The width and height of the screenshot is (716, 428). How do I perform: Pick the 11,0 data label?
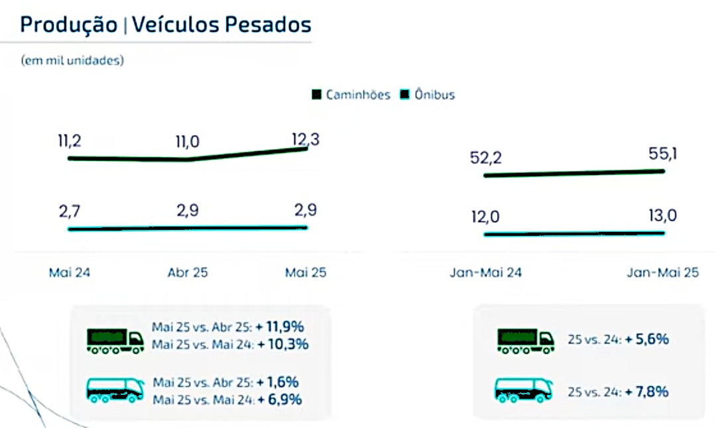pos(188,142)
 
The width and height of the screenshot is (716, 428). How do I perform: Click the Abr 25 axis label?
pos(188,273)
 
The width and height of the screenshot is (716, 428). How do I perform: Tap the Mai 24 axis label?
pos(70,273)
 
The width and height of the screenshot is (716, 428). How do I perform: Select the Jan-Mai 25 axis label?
pos(663,273)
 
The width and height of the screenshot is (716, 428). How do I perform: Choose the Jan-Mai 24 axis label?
pos(485,273)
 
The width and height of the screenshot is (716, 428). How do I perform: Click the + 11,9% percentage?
pos(283,327)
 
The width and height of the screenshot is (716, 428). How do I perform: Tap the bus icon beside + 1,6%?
pos(115,390)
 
